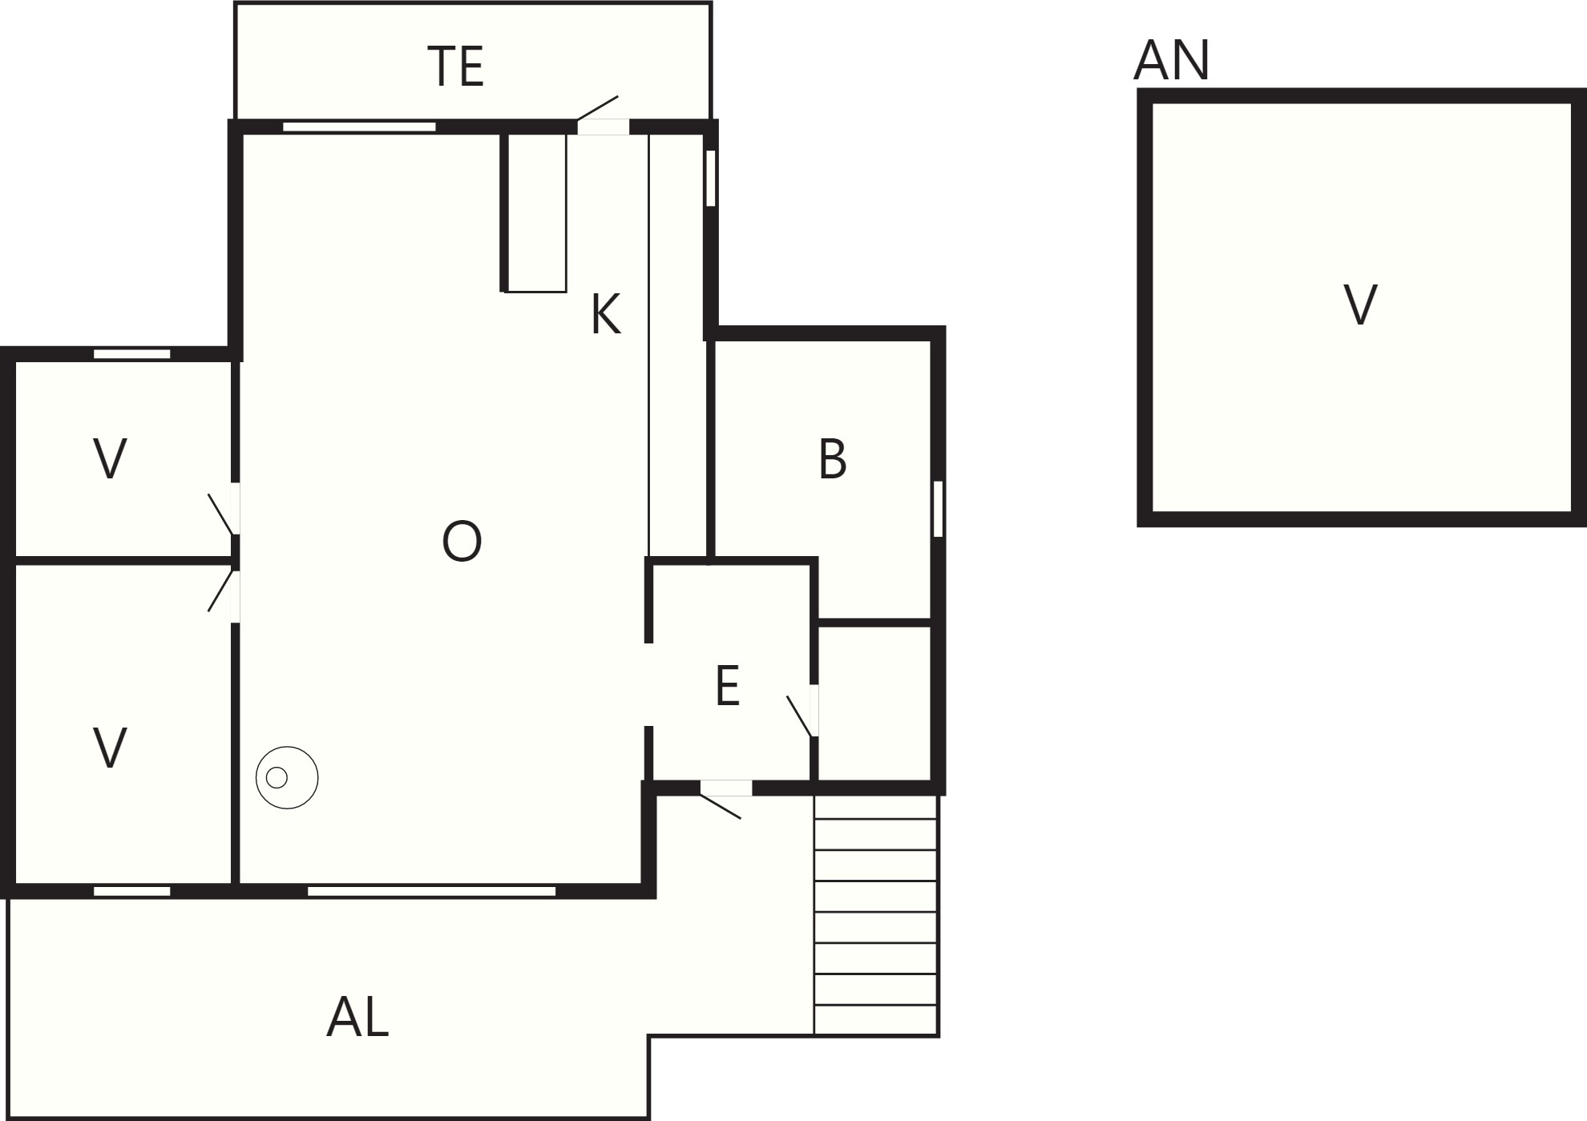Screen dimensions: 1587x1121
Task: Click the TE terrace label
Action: tap(456, 67)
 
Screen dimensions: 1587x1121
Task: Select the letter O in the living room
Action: tap(462, 541)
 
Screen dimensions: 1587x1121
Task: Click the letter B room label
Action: tap(833, 459)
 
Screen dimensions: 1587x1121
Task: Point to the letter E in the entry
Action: tap(727, 686)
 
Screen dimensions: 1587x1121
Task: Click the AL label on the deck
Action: tap(357, 1018)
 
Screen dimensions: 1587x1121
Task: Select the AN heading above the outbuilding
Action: tap(1171, 60)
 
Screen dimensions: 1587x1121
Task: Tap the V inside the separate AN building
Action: tap(1360, 305)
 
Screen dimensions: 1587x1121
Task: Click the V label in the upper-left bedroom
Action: tap(110, 459)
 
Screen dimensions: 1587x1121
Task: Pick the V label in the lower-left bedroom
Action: tap(110, 748)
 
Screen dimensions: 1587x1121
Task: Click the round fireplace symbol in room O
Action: tap(287, 777)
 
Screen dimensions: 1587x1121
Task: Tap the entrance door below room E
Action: tap(725, 798)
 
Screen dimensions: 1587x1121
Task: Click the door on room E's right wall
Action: tap(803, 712)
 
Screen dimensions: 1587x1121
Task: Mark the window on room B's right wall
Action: tap(938, 508)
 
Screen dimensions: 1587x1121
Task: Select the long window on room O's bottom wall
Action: tap(431, 891)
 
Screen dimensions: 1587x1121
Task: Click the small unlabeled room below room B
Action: tap(874, 702)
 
